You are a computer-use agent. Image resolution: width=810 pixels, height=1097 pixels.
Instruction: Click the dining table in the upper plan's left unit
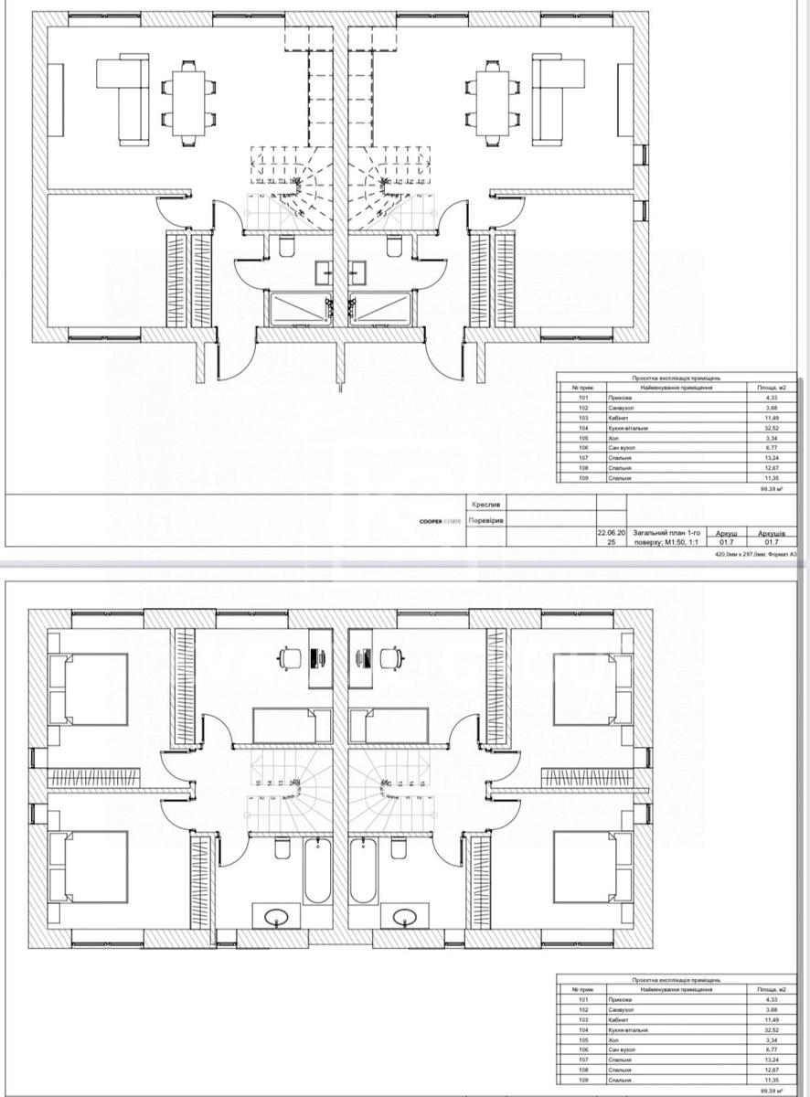point(189,102)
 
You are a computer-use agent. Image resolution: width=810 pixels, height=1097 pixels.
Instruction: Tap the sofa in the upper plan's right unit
point(555,98)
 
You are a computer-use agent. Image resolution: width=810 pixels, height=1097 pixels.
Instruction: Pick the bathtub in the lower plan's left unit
point(317,870)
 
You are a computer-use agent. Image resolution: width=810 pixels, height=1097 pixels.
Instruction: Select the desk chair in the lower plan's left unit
point(290,655)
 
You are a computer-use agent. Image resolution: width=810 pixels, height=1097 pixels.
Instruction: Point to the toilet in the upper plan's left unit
point(285,247)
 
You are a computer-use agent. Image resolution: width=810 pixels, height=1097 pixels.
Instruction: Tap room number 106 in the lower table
point(584,1049)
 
